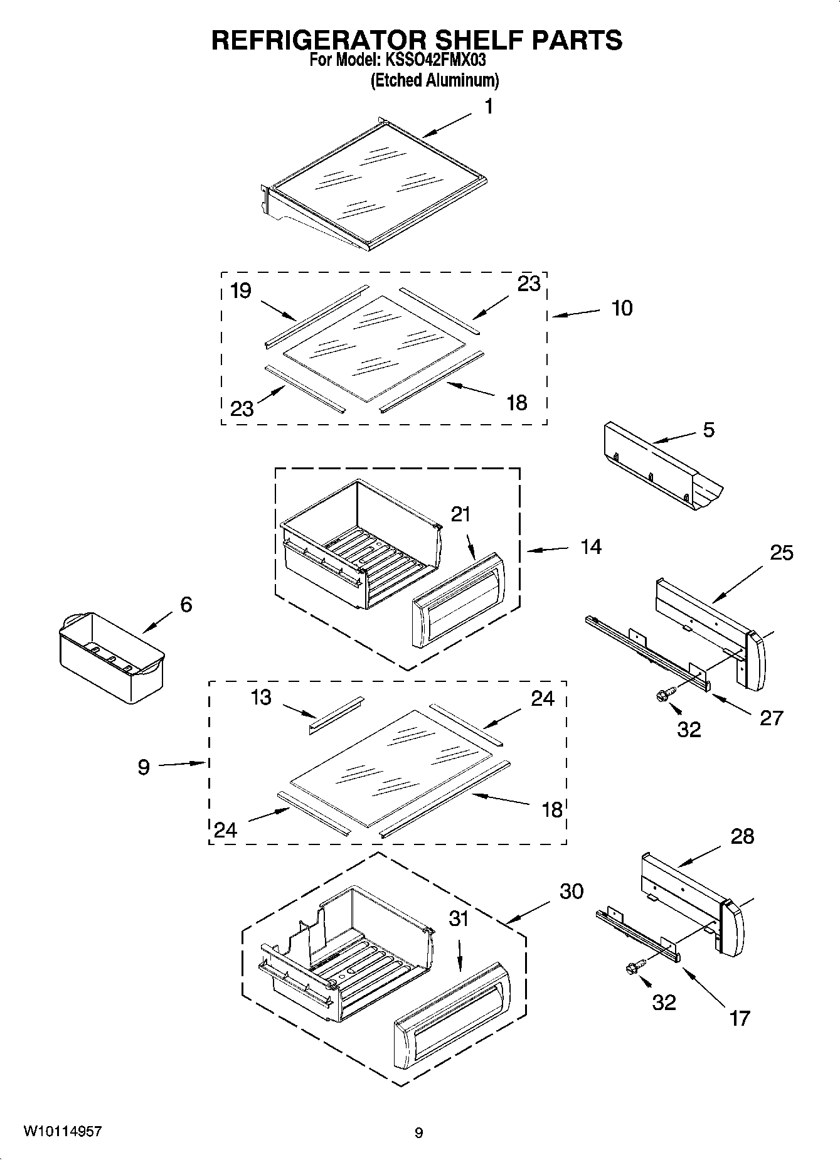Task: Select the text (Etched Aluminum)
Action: pos(435,80)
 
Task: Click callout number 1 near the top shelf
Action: pos(489,107)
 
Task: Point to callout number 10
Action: pos(621,309)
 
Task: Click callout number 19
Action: pos(240,290)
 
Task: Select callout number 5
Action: pos(708,430)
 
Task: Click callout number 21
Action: pos(460,514)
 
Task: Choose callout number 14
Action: pos(591,547)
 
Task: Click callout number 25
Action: pos(781,553)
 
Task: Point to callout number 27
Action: pos(771,718)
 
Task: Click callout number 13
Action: pos(261,697)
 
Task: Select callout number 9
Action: pos(144,767)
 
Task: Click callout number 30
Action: pos(571,891)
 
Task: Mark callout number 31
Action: pos(459,919)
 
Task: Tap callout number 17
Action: pos(740,1018)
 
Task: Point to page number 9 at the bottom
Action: pos(418,1133)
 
